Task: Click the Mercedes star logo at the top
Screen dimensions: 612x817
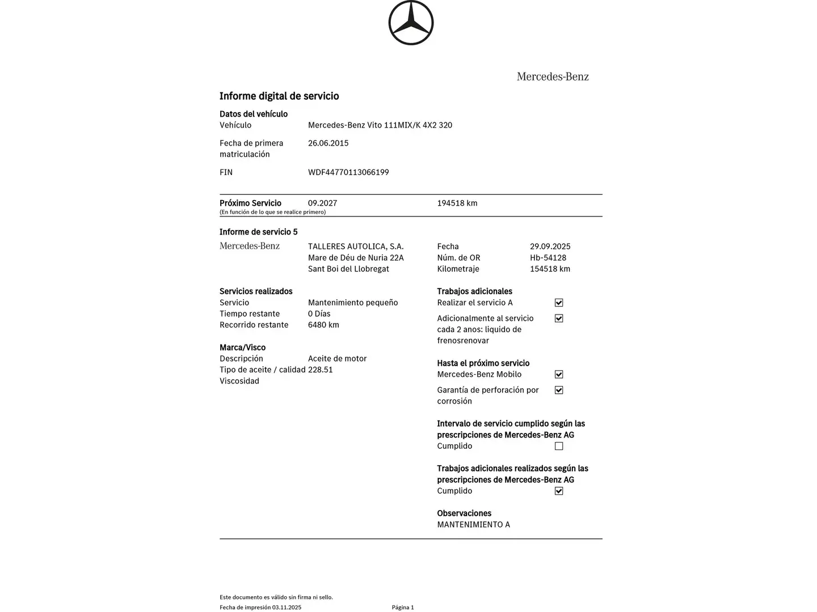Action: (411, 23)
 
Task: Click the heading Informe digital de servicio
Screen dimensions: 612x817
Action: (279, 96)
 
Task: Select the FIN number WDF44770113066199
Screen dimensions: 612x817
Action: (348, 172)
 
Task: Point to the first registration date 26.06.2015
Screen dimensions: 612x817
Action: (328, 143)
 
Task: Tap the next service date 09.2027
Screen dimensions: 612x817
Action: (322, 203)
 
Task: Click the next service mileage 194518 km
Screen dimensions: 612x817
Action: (457, 203)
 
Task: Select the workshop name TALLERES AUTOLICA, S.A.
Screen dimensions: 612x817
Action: (356, 246)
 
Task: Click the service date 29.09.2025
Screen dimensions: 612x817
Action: (550, 246)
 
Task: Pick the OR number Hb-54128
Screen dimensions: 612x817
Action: (548, 258)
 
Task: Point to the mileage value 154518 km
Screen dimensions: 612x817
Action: (550, 269)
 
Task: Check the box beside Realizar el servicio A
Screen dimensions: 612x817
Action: (559, 303)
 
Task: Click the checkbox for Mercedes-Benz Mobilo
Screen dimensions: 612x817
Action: (559, 375)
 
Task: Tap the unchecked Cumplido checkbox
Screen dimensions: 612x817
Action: (559, 446)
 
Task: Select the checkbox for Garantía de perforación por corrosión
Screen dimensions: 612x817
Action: (559, 390)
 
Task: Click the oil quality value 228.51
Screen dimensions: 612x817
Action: (321, 369)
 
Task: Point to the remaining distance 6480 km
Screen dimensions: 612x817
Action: (323, 325)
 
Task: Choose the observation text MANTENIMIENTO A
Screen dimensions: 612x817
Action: (473, 525)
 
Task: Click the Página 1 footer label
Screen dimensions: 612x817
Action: (403, 607)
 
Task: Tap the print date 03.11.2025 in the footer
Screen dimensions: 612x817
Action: (287, 607)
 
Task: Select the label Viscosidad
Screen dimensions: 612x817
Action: (239, 381)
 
